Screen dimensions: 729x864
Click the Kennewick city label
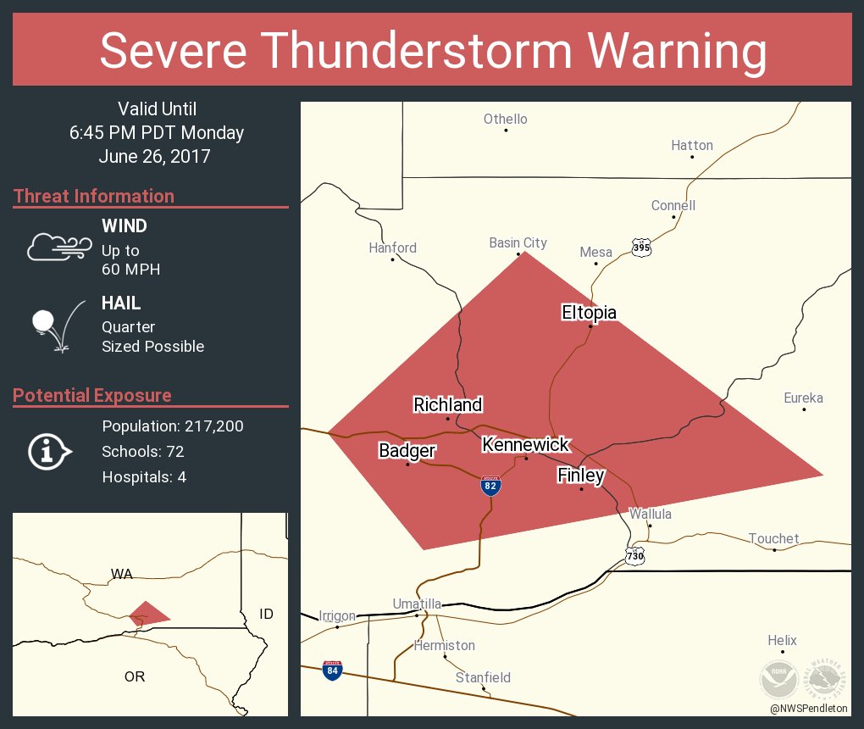525,444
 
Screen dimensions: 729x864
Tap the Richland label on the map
447,405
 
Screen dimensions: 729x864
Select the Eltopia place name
589,313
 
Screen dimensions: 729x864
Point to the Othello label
505,119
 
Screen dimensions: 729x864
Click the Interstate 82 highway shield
490,486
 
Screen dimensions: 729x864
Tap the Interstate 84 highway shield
333,671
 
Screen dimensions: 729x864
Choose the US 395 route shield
641,248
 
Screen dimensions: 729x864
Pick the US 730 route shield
635,555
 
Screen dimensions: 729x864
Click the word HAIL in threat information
121,303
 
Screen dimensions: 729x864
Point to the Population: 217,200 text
173,426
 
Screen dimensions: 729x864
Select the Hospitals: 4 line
144,476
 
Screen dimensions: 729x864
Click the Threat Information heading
94,196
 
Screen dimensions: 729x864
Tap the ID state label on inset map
266,613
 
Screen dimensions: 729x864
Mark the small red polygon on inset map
147,614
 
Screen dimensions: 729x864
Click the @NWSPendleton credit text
809,708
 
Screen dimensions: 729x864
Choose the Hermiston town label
444,645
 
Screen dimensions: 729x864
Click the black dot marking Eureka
804,410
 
